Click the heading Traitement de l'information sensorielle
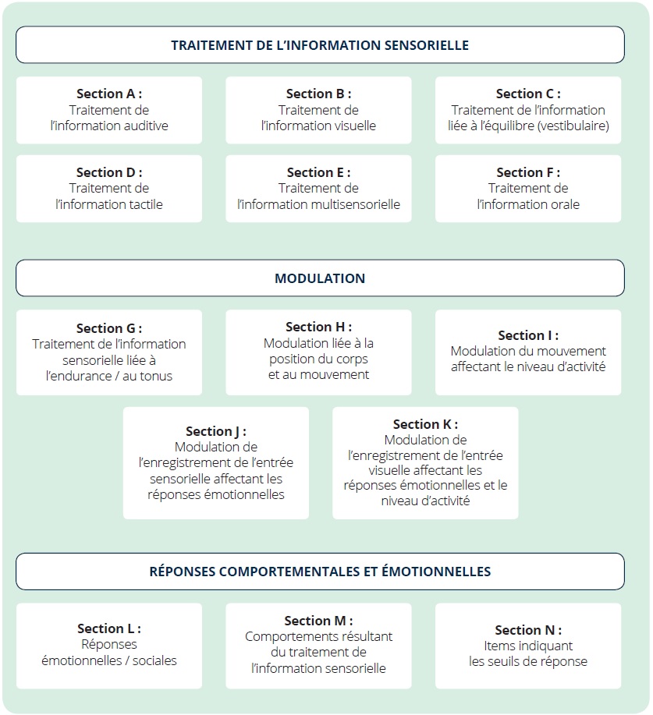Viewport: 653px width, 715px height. click(320, 45)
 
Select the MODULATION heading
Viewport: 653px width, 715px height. click(320, 278)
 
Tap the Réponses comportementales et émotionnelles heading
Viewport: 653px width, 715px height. click(320, 572)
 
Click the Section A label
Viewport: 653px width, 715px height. click(109, 94)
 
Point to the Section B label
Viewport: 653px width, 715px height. click(318, 94)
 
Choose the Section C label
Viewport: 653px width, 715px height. click(528, 94)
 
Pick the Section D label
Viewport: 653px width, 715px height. click(109, 172)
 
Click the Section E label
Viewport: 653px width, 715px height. click(318, 172)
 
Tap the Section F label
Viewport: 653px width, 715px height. click(528, 172)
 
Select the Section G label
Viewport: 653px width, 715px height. click(109, 328)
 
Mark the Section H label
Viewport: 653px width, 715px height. click(318, 327)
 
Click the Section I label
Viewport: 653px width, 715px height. click(528, 335)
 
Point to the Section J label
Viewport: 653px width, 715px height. click(216, 431)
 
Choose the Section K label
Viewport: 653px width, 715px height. click(425, 424)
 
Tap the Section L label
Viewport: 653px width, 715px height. click(109, 628)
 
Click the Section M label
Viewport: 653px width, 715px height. click(318, 621)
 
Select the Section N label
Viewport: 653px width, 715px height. click(528, 630)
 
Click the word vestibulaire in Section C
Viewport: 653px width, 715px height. click(573, 126)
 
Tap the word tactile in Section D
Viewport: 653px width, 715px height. click(145, 204)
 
